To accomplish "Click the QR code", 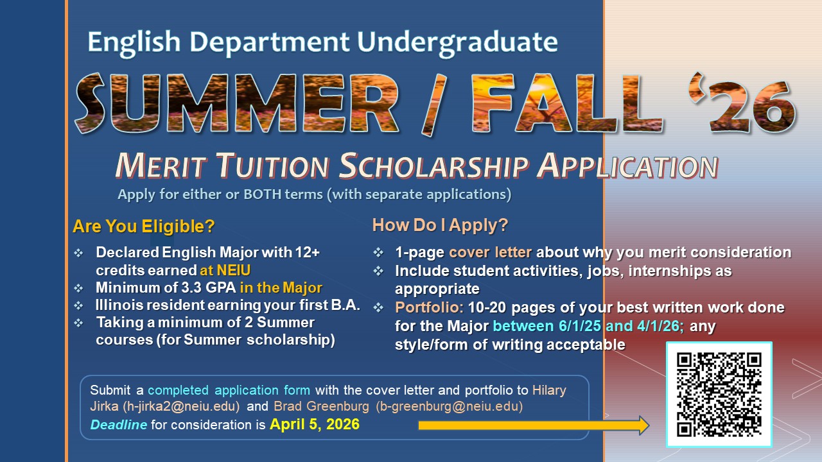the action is point(719,395).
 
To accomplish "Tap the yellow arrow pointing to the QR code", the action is point(534,425).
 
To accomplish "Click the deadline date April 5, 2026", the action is point(315,424).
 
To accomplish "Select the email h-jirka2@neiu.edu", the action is point(181,406).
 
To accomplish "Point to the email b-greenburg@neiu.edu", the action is point(450,406).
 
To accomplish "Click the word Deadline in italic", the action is point(119,425).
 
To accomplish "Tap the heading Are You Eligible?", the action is point(143,227).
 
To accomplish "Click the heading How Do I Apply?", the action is point(440,225).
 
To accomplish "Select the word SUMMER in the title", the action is point(237,103).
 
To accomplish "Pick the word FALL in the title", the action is point(567,103).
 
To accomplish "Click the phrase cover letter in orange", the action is point(490,252).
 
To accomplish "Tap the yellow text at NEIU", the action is point(225,270).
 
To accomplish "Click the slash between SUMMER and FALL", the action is point(435,105).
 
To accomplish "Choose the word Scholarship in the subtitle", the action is point(434,166).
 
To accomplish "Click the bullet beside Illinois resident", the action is point(78,305).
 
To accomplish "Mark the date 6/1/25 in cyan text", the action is point(580,326).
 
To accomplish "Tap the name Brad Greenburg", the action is point(321,406).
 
